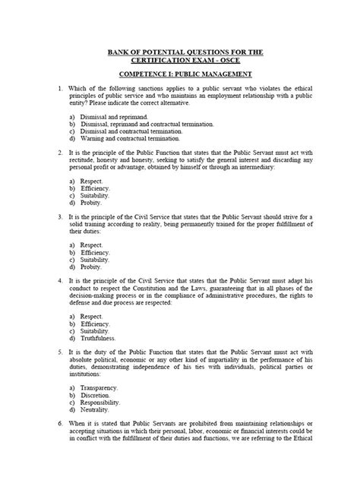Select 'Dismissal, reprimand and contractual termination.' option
coord(141,124)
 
